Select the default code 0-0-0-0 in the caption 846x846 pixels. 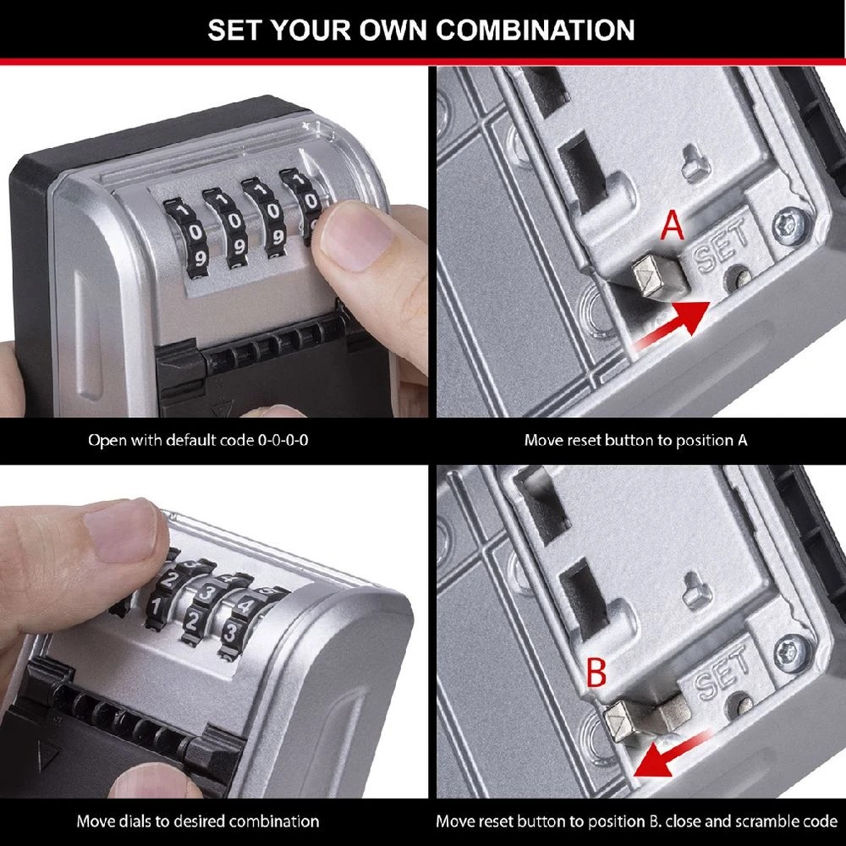(283, 441)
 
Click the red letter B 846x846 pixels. (596, 673)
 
